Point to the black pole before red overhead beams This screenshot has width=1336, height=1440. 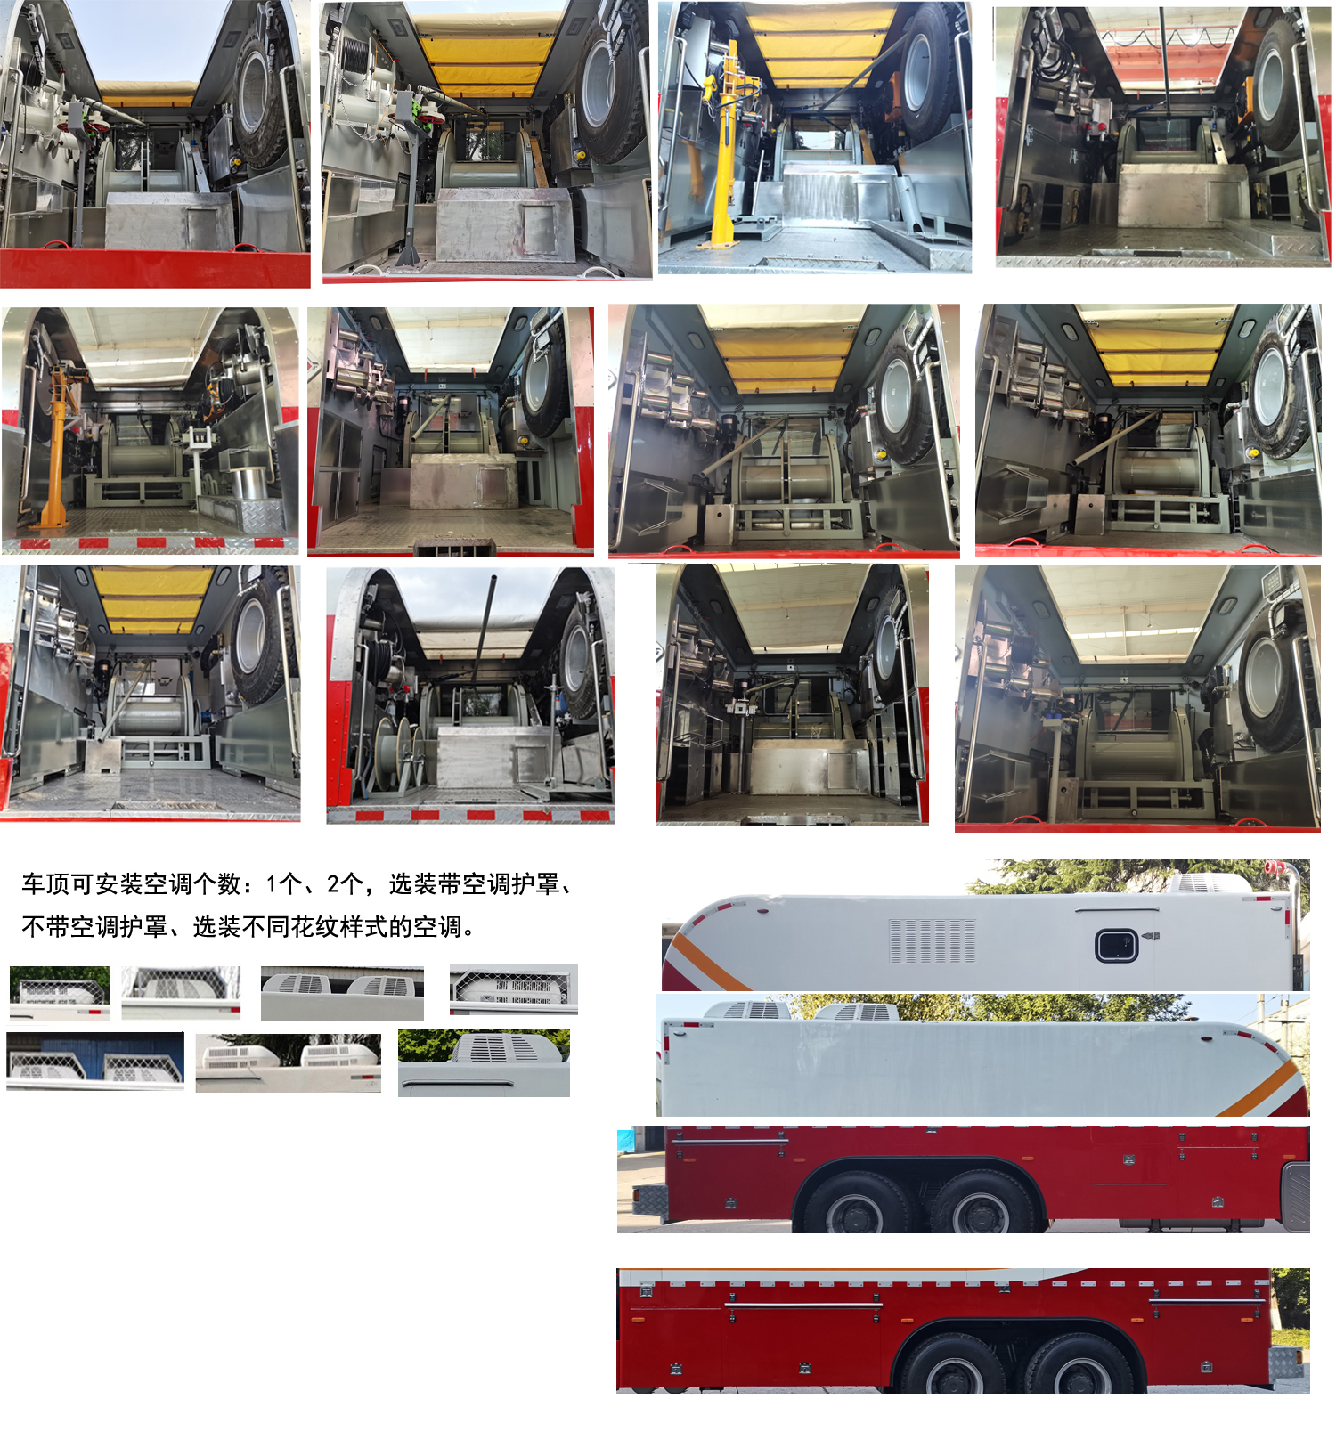1163,53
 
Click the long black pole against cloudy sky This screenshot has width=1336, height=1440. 485,623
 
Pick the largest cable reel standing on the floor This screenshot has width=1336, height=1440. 387,753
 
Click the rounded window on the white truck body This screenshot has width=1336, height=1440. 1116,945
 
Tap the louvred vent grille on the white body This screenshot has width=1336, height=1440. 932,941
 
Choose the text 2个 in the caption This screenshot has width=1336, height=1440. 346,884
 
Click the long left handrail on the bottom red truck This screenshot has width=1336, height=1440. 805,1306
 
